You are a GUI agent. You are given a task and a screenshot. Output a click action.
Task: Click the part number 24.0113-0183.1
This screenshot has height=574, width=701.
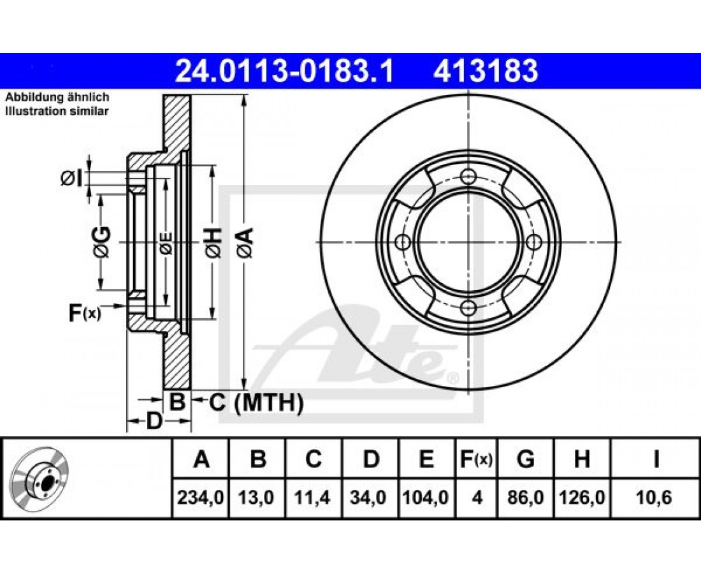pyautogui.click(x=284, y=71)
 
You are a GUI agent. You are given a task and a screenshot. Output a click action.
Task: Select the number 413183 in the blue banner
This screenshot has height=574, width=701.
pyautogui.click(x=486, y=71)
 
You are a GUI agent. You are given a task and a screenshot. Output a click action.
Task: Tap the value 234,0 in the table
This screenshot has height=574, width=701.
pyautogui.click(x=200, y=497)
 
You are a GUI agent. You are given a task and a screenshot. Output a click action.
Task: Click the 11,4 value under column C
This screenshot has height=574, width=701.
pyautogui.click(x=313, y=497)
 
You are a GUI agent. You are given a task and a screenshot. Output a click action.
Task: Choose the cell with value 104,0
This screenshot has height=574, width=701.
pyautogui.click(x=426, y=497)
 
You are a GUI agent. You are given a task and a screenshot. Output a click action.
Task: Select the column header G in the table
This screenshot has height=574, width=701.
pyautogui.click(x=526, y=459)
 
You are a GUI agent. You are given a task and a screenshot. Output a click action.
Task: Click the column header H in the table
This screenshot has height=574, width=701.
pyautogui.click(x=582, y=459)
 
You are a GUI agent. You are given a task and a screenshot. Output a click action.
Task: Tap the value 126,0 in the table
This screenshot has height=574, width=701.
pyautogui.click(x=582, y=497)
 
